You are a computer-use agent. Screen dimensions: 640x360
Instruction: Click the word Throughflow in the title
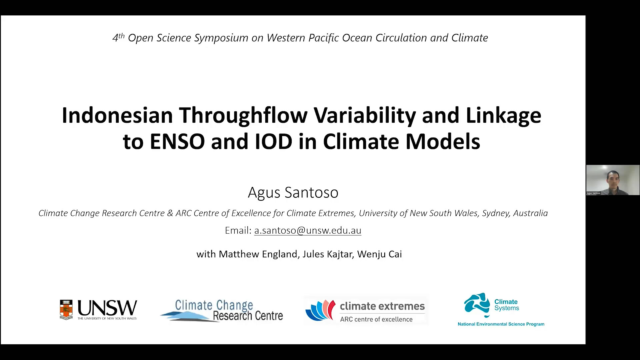(x=243, y=116)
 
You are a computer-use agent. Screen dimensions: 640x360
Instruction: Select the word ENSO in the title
(x=177, y=141)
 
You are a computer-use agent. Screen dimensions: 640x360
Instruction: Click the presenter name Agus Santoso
(x=293, y=193)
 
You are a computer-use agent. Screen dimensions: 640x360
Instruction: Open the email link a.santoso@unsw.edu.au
(x=308, y=230)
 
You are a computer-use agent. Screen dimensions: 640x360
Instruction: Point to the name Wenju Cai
(x=380, y=254)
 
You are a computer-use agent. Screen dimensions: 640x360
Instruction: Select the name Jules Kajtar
(x=327, y=254)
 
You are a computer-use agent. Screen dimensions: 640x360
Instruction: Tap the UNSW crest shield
(x=66, y=310)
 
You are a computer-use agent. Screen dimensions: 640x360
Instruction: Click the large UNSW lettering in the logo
(x=107, y=308)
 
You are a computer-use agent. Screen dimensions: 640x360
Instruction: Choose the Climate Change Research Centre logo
(x=222, y=310)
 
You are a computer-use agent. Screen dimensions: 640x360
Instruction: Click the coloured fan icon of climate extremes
(x=320, y=310)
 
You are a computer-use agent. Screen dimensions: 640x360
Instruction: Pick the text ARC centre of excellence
(x=376, y=319)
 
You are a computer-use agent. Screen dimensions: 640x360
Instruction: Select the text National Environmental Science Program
(x=501, y=324)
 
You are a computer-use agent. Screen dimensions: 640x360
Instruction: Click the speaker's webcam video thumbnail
(x=613, y=180)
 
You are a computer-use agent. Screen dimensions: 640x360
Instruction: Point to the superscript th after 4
(x=121, y=35)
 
